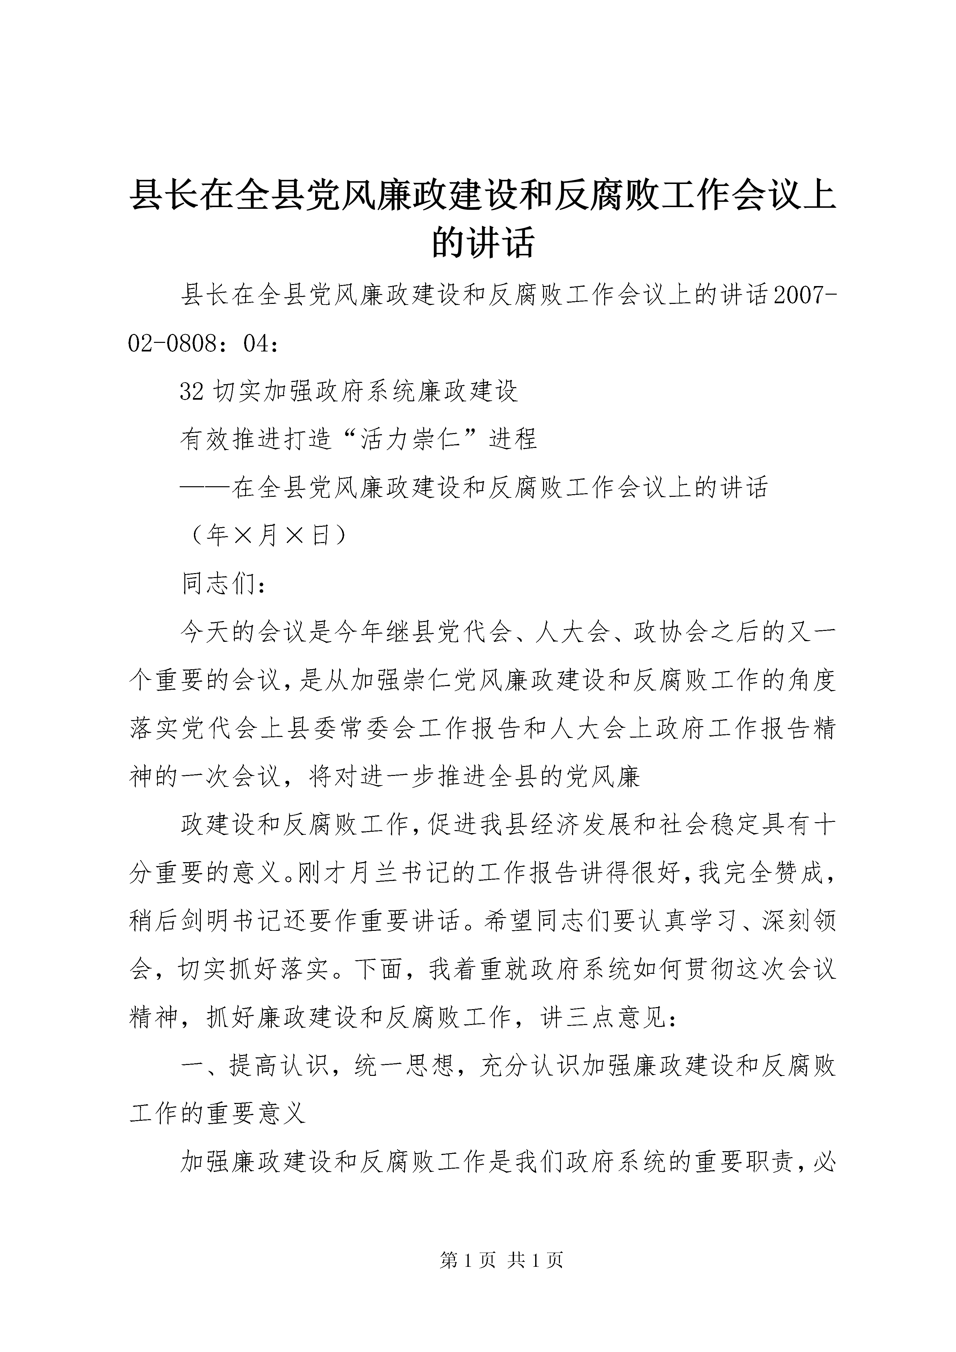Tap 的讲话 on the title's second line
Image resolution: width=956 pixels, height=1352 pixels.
coord(483,242)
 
